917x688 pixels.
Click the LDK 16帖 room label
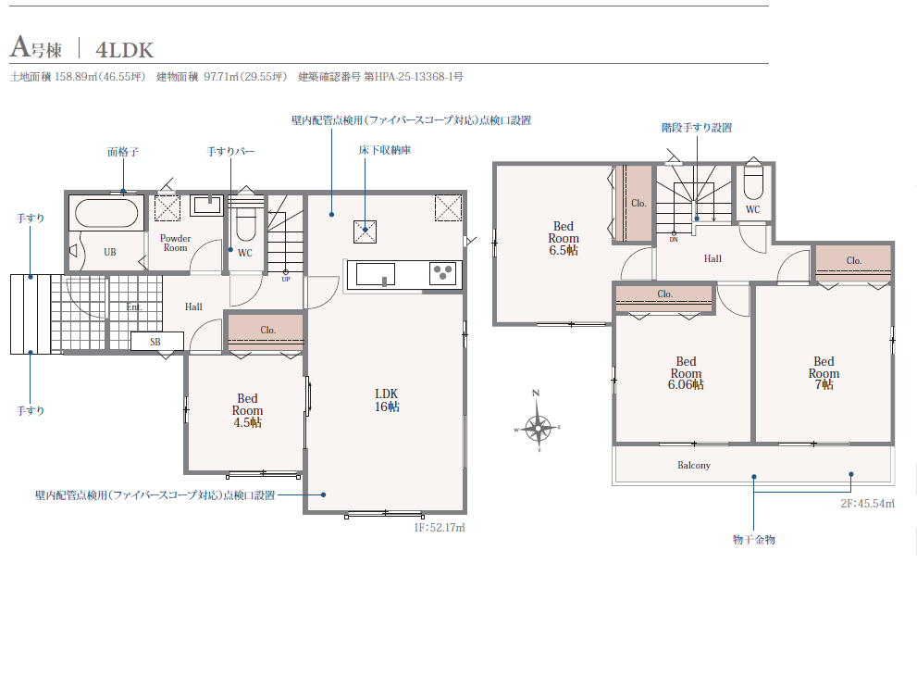(x=387, y=400)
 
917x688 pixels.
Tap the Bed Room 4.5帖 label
(x=247, y=411)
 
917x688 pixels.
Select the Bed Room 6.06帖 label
(x=686, y=373)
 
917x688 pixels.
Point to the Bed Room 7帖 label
(x=824, y=373)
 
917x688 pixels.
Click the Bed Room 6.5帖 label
(x=564, y=238)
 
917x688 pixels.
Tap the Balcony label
(x=694, y=465)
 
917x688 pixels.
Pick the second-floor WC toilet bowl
(x=752, y=185)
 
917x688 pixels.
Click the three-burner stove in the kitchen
(x=442, y=273)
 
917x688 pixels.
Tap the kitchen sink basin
(x=375, y=274)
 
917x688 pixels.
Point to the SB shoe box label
(x=155, y=342)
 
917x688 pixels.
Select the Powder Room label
(x=176, y=243)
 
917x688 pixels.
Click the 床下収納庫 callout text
(x=385, y=150)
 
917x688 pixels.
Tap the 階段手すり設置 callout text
(x=697, y=128)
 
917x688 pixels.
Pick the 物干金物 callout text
(x=754, y=540)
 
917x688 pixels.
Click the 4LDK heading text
(x=125, y=50)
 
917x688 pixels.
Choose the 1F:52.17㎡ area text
(x=440, y=528)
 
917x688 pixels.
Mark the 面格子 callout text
(x=123, y=152)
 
